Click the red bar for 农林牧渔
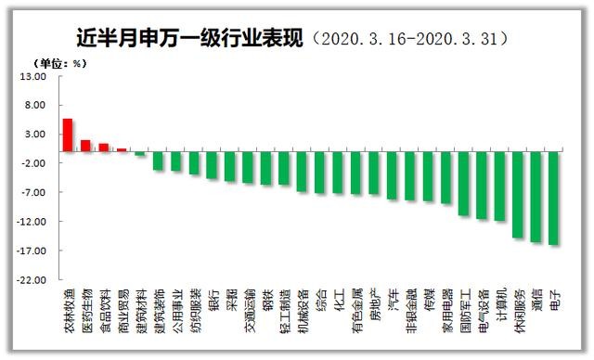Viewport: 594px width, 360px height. click(68, 135)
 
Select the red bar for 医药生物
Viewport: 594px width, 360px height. click(85, 146)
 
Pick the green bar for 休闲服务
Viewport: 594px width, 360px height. click(518, 195)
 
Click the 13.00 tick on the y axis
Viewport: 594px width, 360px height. click(33, 76)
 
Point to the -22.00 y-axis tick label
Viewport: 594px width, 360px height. click(32, 279)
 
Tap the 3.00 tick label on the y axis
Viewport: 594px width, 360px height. click(35, 135)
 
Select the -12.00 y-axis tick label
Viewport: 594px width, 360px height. click(32, 222)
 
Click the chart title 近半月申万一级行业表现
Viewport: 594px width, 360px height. click(191, 38)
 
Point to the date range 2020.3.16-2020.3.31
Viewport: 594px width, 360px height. click(414, 39)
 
